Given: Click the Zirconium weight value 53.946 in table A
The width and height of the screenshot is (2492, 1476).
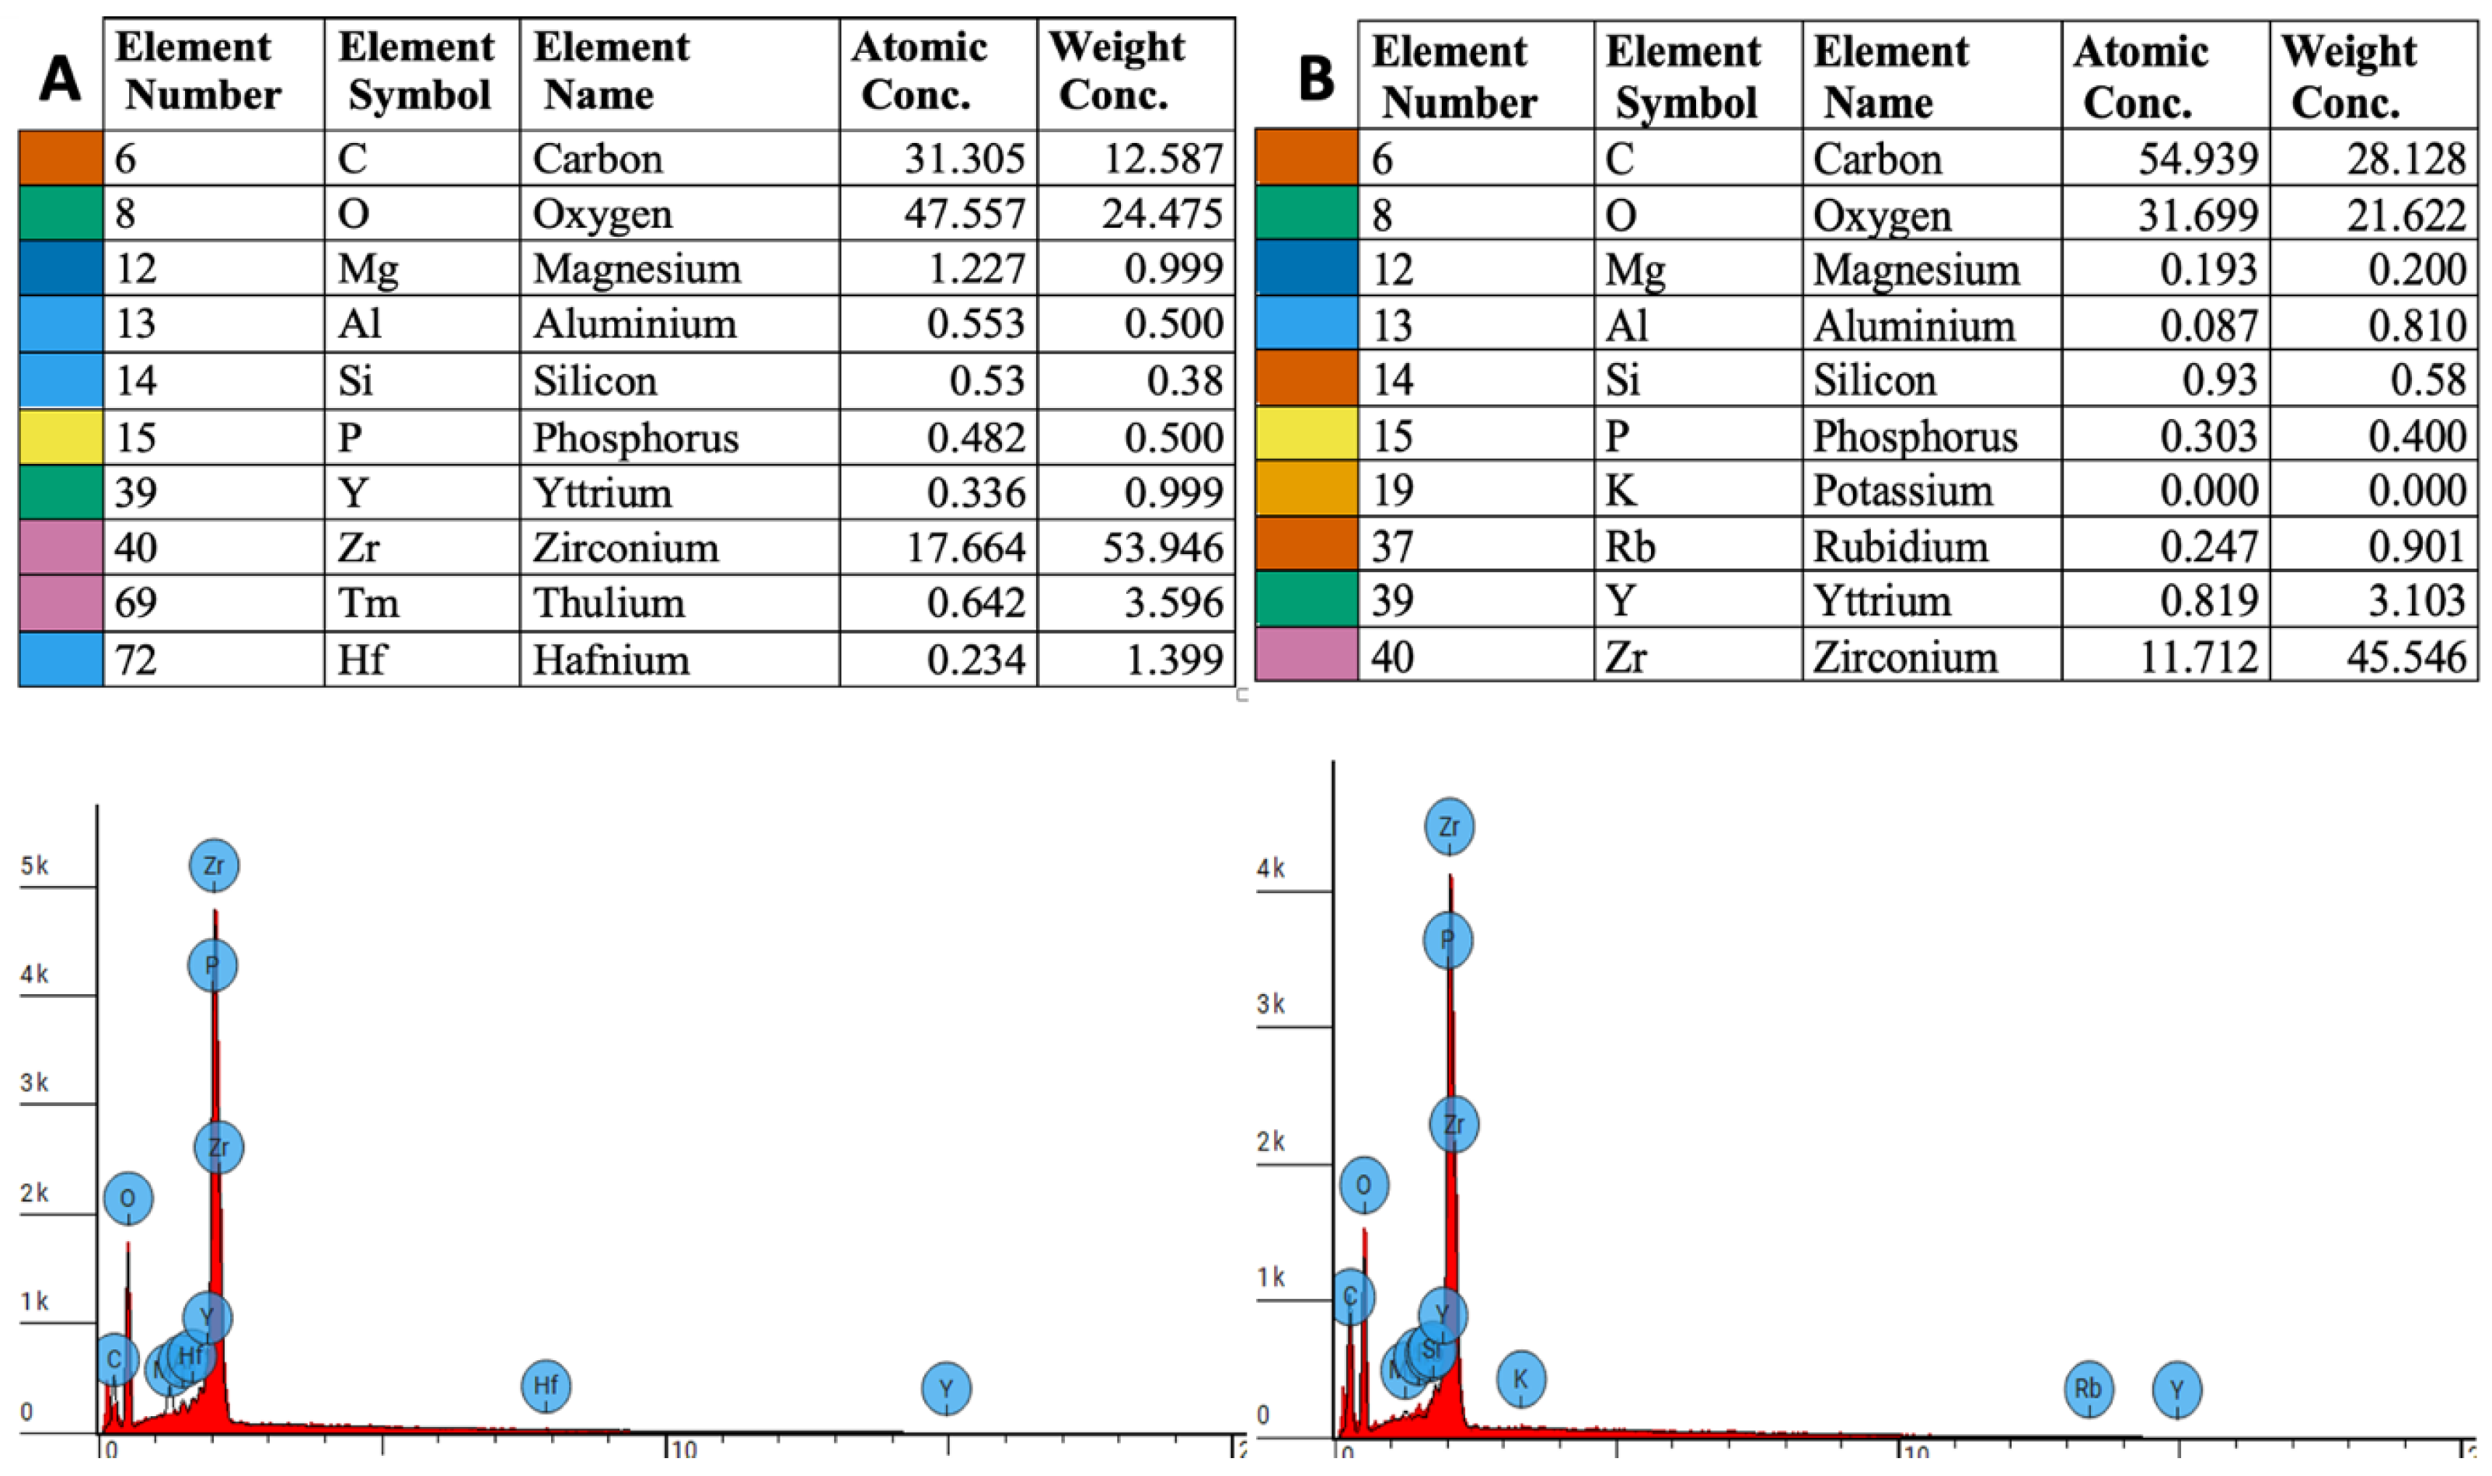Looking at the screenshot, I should pyautogui.click(x=1161, y=548).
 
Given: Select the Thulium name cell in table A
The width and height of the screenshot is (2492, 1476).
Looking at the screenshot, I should pyautogui.click(x=609, y=602).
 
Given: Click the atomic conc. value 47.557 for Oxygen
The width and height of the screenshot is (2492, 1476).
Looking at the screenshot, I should pyautogui.click(x=964, y=214).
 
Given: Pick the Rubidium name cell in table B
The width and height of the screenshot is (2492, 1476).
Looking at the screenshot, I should pyautogui.click(x=1900, y=546).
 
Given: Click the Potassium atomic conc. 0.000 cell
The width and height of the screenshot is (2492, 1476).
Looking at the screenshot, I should pyautogui.click(x=2208, y=490).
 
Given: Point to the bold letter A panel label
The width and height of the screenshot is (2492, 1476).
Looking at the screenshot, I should pyautogui.click(x=60, y=78).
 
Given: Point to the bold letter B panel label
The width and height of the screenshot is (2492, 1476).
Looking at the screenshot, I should pyautogui.click(x=1316, y=78).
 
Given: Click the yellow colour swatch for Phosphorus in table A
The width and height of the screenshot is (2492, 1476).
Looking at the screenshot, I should pyautogui.click(x=61, y=438).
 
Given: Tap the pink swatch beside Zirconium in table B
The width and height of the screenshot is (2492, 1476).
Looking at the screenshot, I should pyautogui.click(x=1306, y=655).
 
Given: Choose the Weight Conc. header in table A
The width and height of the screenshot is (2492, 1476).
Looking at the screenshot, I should pyautogui.click(x=1115, y=71).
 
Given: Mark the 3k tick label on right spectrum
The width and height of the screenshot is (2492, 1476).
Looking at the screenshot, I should pyautogui.click(x=1271, y=1003).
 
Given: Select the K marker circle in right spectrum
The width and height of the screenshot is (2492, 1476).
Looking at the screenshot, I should pyautogui.click(x=1520, y=1379).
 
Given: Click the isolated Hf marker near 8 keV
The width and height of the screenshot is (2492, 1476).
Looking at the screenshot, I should pyautogui.click(x=546, y=1386).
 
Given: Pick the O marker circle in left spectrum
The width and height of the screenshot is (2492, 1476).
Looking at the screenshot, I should pyautogui.click(x=128, y=1198).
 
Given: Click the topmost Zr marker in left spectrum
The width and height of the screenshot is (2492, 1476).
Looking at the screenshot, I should pyautogui.click(x=214, y=865).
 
